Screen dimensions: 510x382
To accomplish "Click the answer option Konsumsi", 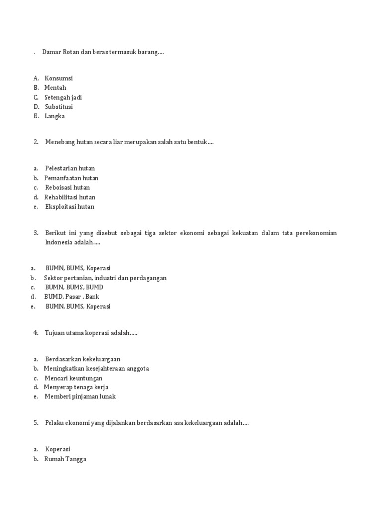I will click(x=58, y=78).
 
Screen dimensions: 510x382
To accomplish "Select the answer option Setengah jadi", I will click(x=63, y=97).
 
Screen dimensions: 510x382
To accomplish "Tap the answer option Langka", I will click(x=55, y=116).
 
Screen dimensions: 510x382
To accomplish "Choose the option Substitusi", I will click(x=59, y=107).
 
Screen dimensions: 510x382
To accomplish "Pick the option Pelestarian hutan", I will click(x=70, y=168).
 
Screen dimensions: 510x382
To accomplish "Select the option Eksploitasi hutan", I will click(x=69, y=207).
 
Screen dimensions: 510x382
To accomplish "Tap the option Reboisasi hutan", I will click(x=67, y=188).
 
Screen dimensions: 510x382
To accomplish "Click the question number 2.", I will click(x=36, y=142).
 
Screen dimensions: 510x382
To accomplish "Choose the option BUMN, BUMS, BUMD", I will click(x=74, y=287).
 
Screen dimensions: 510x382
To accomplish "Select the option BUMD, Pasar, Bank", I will click(x=72, y=297).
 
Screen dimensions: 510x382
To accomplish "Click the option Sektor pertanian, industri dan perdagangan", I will click(x=105, y=278).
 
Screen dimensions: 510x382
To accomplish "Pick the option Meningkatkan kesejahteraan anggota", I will click(x=96, y=369).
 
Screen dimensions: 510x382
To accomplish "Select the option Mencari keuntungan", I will click(x=74, y=378).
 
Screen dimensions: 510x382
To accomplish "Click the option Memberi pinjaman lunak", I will click(x=80, y=397).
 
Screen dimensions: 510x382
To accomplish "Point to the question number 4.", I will click(x=36, y=333).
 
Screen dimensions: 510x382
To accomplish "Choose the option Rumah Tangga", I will click(x=65, y=459).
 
